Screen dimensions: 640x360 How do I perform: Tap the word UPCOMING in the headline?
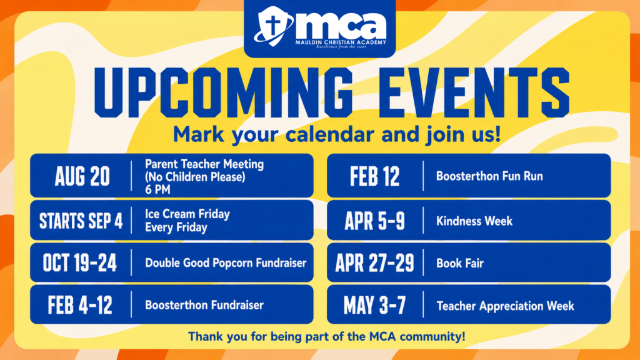223,92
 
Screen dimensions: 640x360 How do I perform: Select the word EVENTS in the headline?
474,92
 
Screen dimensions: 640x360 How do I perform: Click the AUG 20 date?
82,177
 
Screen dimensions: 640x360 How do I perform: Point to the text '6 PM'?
157,190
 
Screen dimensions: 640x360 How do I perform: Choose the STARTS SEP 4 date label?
81,221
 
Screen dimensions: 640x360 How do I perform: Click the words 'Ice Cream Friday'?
187,214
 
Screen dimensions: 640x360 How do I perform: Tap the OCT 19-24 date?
80,263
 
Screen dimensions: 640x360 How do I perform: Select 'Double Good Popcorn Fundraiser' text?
226,263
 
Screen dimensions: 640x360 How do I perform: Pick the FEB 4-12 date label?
80,305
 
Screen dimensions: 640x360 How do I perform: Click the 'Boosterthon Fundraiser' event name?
204,305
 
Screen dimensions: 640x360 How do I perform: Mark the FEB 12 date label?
375,177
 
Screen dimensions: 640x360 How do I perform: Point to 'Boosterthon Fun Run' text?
489,176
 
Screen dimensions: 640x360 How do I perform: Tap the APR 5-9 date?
375,221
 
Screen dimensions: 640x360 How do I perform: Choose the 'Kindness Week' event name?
474,221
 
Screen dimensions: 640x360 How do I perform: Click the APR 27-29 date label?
375,263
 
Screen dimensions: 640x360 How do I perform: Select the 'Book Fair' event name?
460,263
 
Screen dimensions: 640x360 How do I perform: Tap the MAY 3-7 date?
375,305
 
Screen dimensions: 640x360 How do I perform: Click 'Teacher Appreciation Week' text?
505,306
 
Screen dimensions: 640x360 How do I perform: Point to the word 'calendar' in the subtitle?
330,134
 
